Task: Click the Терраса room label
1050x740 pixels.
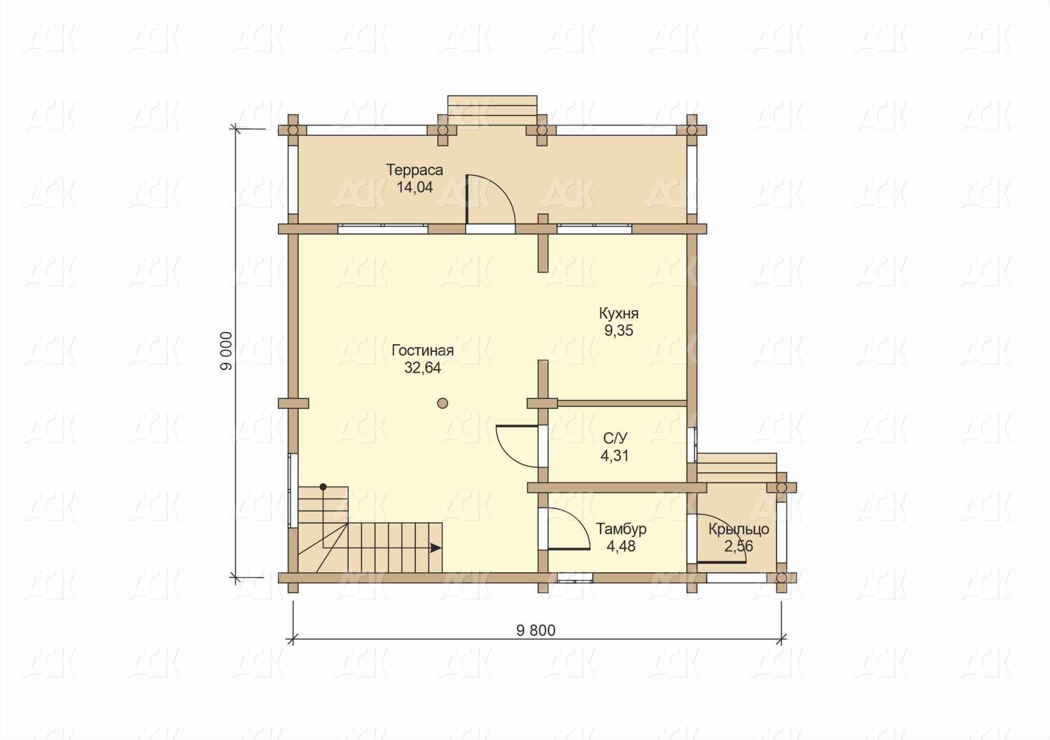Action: pos(415,170)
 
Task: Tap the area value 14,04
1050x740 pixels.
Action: pos(415,187)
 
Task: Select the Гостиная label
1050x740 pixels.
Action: pos(423,351)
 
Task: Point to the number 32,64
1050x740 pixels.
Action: pos(423,368)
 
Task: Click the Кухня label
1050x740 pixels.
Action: pos(619,314)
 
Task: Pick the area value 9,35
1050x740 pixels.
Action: pos(619,331)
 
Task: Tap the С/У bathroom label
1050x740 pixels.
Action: pos(615,438)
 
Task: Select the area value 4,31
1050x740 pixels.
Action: pos(615,456)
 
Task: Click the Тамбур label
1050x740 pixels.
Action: pos(621,529)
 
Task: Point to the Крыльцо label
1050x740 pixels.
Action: pos(739,530)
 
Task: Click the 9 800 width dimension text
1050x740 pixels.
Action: pos(536,630)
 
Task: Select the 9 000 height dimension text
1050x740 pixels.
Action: pos(226,351)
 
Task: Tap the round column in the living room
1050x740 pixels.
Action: pos(443,403)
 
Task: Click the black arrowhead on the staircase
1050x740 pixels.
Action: pos(436,548)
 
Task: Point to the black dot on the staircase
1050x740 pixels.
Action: pos(323,487)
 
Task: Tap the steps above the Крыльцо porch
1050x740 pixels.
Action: pos(737,468)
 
